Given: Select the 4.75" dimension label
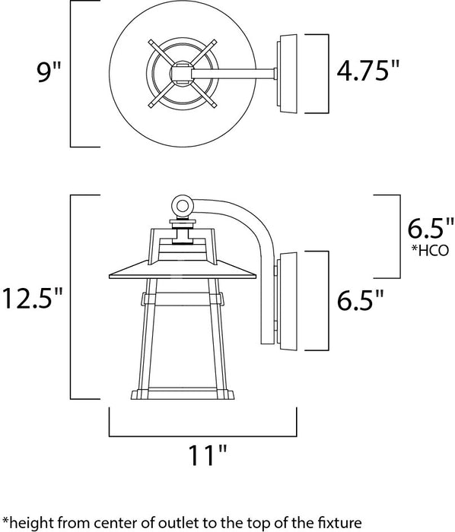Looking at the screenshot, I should point(368,72).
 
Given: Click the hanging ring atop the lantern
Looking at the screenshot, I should point(181,205).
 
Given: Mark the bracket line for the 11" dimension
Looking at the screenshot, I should point(202,435).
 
